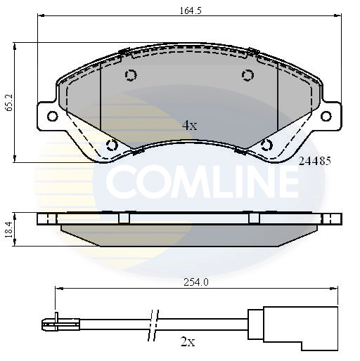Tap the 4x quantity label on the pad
(189, 126)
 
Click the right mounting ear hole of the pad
(328, 116)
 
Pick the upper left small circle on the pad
(130, 76)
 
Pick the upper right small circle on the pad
(247, 76)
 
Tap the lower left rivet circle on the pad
(111, 145)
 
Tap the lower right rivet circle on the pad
(266, 145)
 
